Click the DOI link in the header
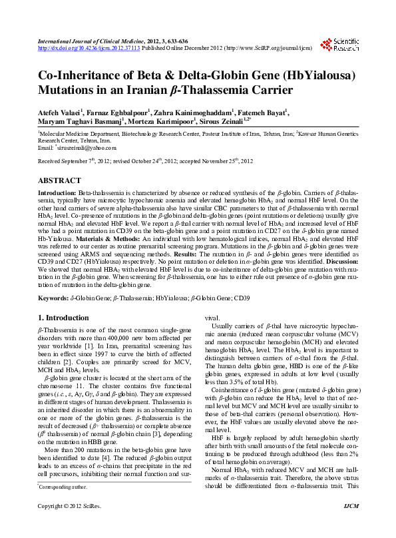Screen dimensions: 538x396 click(x=79, y=48)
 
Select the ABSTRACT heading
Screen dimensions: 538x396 click(x=60, y=181)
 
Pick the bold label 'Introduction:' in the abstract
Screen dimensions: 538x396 click(x=57, y=192)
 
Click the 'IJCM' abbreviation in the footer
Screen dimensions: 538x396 click(x=350, y=526)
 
